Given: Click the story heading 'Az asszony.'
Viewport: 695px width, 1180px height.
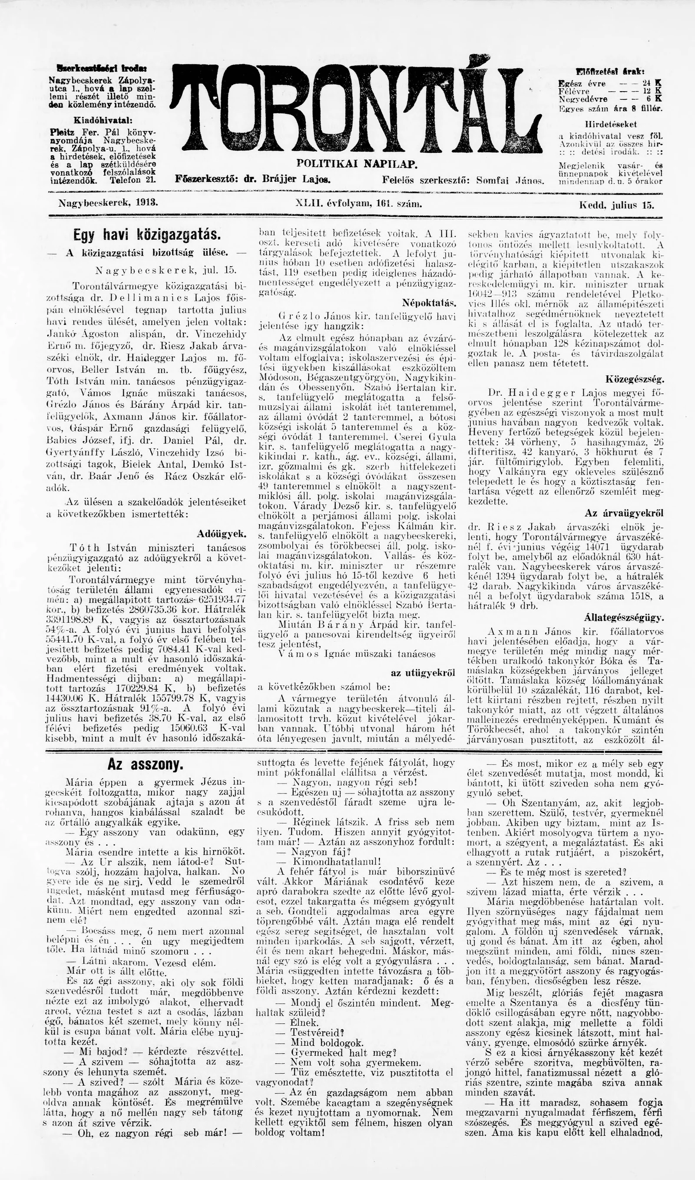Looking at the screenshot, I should click(145, 765).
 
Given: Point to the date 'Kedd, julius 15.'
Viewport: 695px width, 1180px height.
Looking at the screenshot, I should click(617, 205).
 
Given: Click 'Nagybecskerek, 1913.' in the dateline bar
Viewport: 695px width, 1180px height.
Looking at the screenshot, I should click(108, 204).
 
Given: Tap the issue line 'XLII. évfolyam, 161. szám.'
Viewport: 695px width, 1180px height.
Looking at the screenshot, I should click(359, 204).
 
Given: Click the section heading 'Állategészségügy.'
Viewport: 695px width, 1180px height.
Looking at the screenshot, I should click(624, 618).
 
